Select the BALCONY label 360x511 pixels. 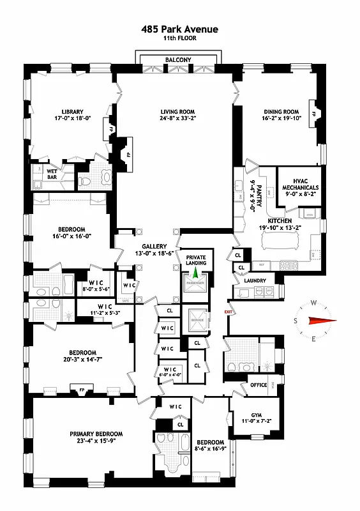point(178,59)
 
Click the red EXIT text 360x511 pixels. point(228,312)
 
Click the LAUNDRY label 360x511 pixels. point(255,280)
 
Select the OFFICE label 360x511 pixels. point(258,385)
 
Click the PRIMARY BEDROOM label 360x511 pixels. point(96,434)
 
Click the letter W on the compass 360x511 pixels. point(314,303)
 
